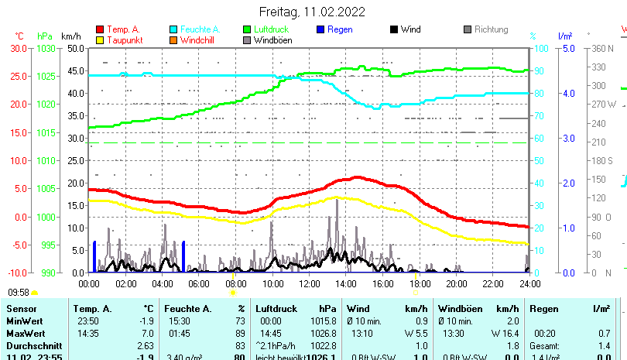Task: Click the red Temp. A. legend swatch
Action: [x=100, y=29]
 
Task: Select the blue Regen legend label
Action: [x=340, y=29]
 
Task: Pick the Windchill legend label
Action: [x=199, y=39]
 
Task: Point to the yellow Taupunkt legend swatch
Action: [x=100, y=39]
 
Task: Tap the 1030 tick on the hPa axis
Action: [x=45, y=48]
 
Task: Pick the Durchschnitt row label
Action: [x=31, y=345]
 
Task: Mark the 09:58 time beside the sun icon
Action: [x=19, y=293]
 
